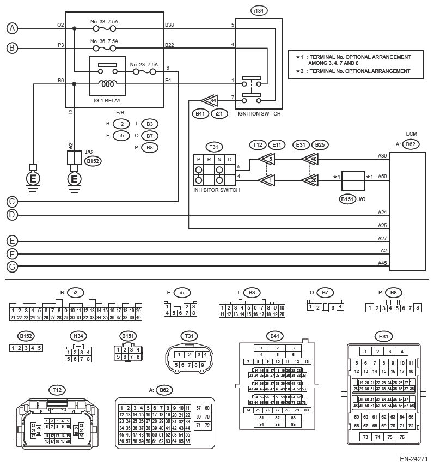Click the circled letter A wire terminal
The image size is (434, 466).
pyautogui.click(x=12, y=28)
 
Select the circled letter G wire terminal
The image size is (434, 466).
pyautogui.click(x=12, y=267)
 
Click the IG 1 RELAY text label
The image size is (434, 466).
pyautogui.click(x=107, y=101)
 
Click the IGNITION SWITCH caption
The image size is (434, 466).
pyautogui.click(x=259, y=114)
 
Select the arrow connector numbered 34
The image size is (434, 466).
pyautogui.click(x=209, y=100)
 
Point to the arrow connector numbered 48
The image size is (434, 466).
pyautogui.click(x=311, y=159)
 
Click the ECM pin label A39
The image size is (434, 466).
pyautogui.click(x=382, y=156)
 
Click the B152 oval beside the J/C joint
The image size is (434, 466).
pyautogui.click(x=94, y=161)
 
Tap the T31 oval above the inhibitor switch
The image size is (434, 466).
pyautogui.click(x=213, y=147)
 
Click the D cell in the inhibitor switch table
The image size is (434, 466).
pyautogui.click(x=230, y=159)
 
